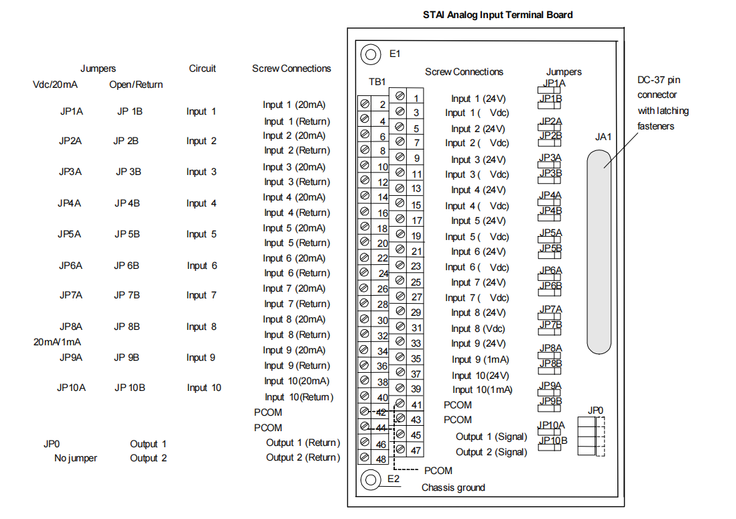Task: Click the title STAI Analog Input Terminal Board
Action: pos(497,15)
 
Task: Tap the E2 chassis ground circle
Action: pos(370,479)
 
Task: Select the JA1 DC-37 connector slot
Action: pos(599,251)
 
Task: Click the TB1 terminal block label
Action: pos(377,82)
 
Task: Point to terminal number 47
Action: pos(416,451)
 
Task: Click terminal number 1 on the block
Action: pos(416,98)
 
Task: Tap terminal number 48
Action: pos(380,459)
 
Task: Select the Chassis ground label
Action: pos(453,487)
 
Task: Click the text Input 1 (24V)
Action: pos(478,99)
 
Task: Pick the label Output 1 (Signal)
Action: pos(491,437)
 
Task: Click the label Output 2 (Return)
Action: pos(303,457)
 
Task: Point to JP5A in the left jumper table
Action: pos(70,234)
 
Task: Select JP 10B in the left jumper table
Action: pos(129,388)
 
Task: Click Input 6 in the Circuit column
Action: pos(202,266)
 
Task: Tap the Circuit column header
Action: pos(202,68)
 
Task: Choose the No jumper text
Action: pos(76,458)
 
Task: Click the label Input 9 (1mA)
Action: pos(480,359)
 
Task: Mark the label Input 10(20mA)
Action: pos(296,381)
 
